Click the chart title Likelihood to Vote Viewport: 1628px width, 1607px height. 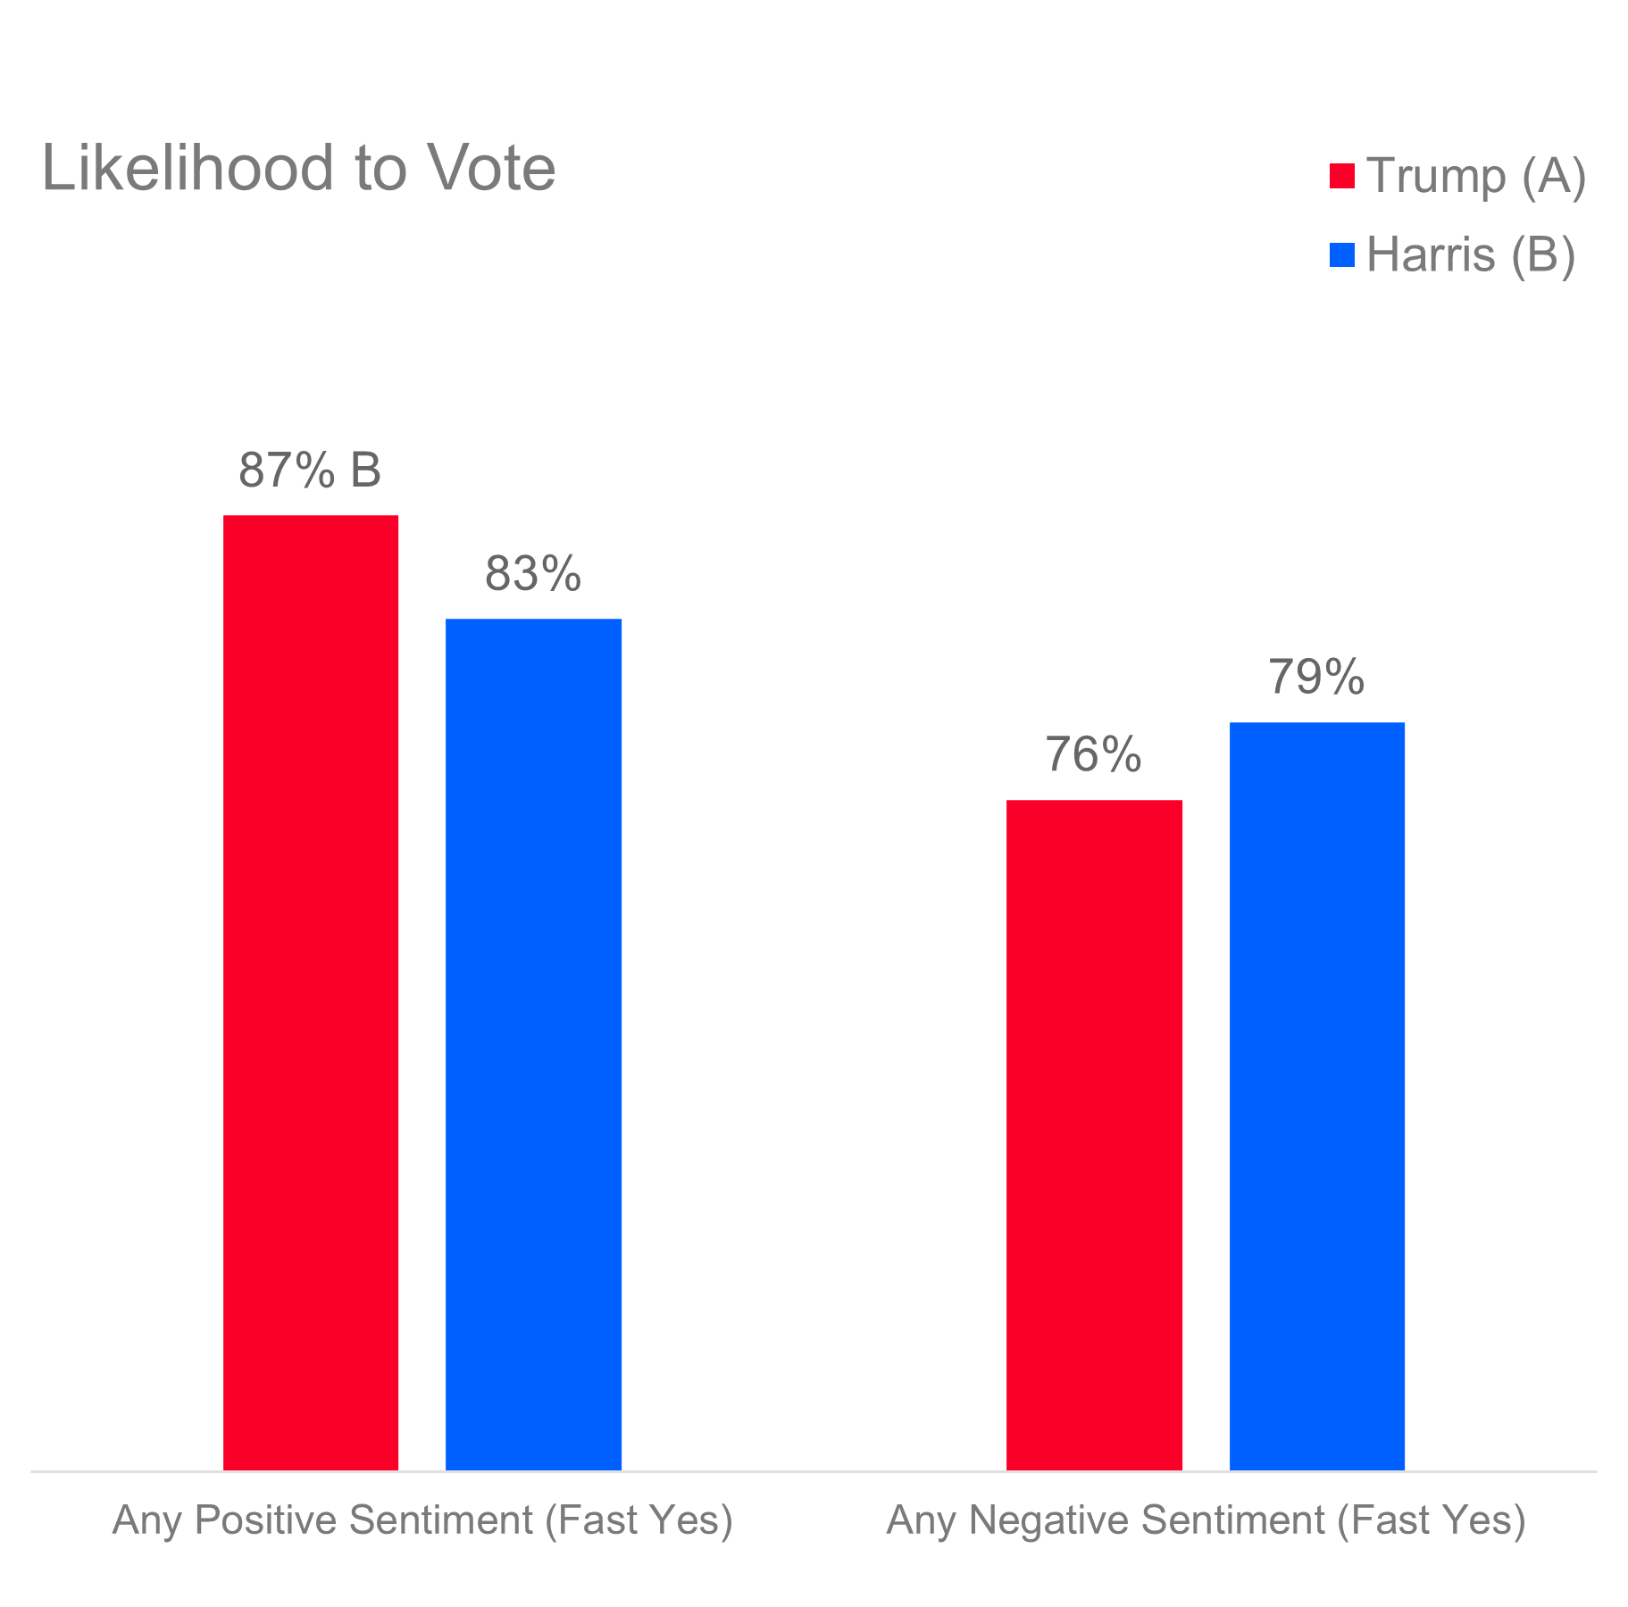click(x=298, y=168)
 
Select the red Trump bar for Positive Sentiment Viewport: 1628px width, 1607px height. click(x=311, y=991)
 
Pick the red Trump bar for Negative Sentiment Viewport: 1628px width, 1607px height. click(x=1094, y=1134)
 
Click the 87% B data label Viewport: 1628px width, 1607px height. click(x=309, y=470)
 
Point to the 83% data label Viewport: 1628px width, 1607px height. click(x=532, y=574)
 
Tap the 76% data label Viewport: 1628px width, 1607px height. click(x=1093, y=755)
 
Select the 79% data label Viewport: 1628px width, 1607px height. click(x=1316, y=678)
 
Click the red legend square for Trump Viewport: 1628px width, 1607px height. click(x=1341, y=176)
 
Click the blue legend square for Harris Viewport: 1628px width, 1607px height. click(x=1341, y=255)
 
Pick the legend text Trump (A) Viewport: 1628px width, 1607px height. click(x=1475, y=176)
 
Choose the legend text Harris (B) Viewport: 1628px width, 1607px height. click(x=1470, y=255)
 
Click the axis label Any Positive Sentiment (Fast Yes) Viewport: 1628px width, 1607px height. click(x=422, y=1520)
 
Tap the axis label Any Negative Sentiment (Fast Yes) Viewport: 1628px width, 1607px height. click(x=1206, y=1520)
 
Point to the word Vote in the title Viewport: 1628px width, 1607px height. click(x=489, y=168)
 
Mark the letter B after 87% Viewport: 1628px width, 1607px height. click(x=365, y=470)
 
